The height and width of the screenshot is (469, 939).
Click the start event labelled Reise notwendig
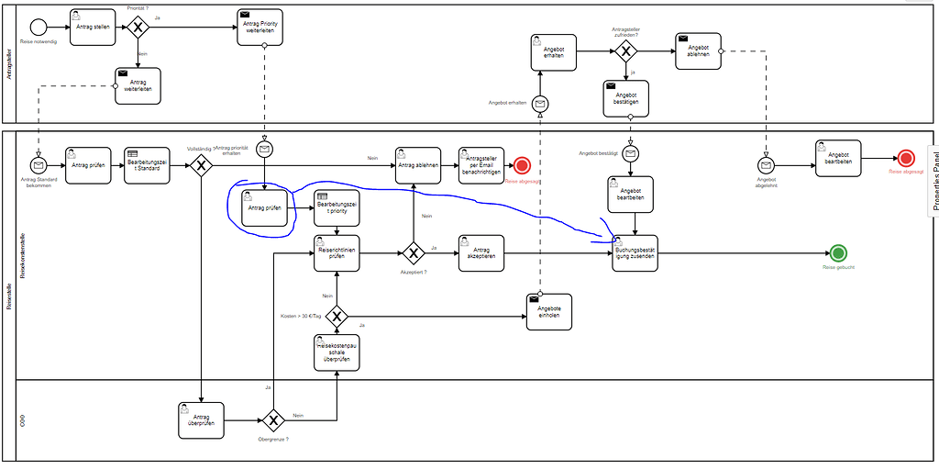[x=39, y=28]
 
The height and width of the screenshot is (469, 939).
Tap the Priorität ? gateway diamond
[x=138, y=28]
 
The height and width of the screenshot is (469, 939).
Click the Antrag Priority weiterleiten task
[x=261, y=28]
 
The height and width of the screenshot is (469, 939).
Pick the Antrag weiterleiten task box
[x=138, y=85]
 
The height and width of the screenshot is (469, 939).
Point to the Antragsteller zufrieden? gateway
[x=625, y=51]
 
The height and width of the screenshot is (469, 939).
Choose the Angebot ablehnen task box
[x=698, y=51]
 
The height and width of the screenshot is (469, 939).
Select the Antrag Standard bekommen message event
[x=39, y=165]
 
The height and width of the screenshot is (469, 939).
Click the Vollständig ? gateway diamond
[x=201, y=165]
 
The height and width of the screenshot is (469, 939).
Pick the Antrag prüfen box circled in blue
[x=263, y=207]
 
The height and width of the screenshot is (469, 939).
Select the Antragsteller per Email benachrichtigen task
[x=481, y=165]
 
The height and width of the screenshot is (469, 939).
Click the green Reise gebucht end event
[x=836, y=253]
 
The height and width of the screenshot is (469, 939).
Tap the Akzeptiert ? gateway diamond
[x=412, y=253]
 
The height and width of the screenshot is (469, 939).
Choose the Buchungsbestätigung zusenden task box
[x=635, y=253]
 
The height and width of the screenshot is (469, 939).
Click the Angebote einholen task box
[x=549, y=311]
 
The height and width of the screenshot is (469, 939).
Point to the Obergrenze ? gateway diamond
[x=273, y=420]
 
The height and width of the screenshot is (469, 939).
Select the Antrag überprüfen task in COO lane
[x=201, y=420]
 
